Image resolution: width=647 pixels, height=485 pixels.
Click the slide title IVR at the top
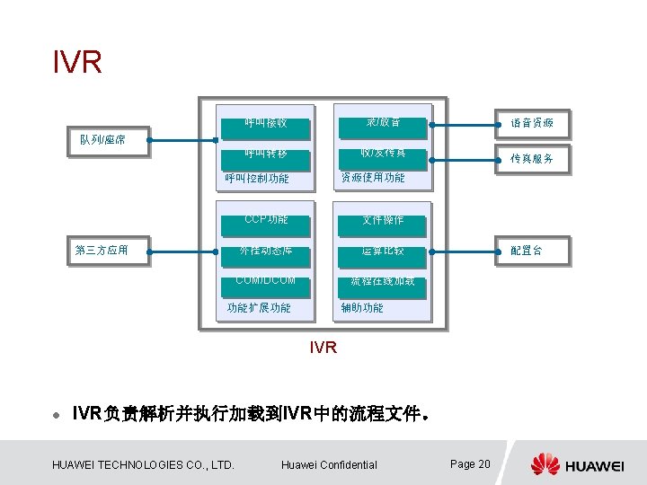click(77, 63)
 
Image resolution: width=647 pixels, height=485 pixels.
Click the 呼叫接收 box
click(266, 122)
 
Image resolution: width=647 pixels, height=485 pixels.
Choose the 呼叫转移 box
click(266, 154)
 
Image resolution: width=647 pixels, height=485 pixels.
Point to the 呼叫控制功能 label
click(257, 178)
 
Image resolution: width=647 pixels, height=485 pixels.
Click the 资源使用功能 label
click(372, 178)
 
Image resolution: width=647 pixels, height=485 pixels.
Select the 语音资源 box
click(532, 122)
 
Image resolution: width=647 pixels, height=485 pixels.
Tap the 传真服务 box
click(532, 158)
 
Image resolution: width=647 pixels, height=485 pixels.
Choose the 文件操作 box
click(383, 220)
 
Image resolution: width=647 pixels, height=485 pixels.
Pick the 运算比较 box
click(383, 251)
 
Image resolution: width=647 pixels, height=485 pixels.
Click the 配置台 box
click(526, 251)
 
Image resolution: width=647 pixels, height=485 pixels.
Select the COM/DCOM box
click(266, 282)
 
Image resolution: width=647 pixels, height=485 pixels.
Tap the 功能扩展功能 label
click(259, 307)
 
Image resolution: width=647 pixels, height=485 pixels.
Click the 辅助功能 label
click(362, 307)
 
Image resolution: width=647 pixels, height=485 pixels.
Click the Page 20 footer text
click(470, 463)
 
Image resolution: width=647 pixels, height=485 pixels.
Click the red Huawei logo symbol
click(545, 464)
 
